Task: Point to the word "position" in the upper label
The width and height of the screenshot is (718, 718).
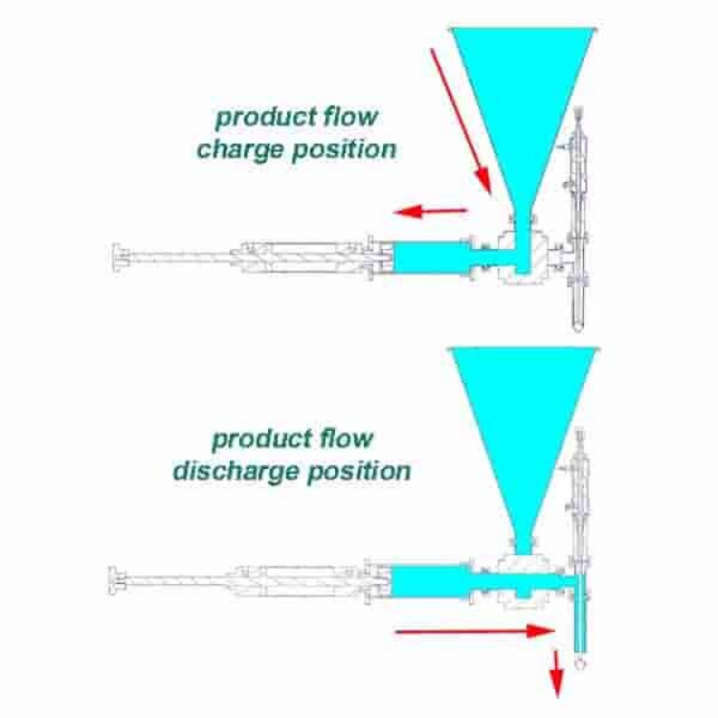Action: click(x=345, y=150)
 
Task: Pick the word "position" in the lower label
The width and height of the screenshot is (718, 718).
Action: click(x=359, y=471)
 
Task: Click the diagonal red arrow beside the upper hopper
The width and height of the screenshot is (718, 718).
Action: click(x=460, y=121)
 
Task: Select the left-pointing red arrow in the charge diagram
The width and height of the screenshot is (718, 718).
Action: click(x=430, y=212)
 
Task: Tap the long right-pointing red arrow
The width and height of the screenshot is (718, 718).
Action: click(x=475, y=632)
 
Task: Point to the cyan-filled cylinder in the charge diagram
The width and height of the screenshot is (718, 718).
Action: click(x=432, y=258)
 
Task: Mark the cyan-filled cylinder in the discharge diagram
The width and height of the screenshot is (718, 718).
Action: click(x=431, y=581)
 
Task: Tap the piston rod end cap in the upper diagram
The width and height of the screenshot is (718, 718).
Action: click(x=117, y=258)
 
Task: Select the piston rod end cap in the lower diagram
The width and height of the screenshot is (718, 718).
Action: click(x=113, y=581)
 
